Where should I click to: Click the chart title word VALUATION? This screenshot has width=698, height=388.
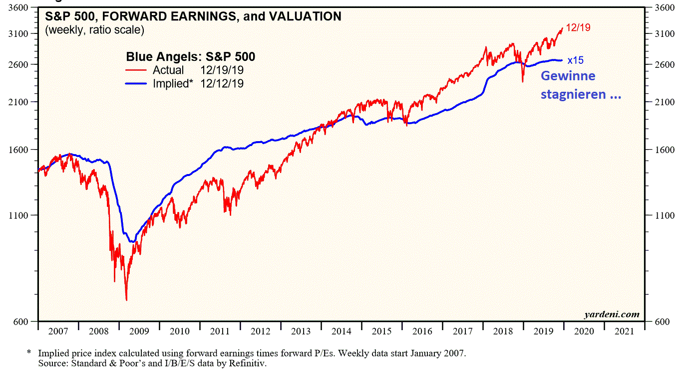coord(305,16)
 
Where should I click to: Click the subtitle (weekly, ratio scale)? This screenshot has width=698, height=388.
coord(94,30)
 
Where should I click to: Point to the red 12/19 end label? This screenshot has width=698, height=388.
coord(578,28)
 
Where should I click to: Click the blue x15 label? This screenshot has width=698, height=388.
coord(575,60)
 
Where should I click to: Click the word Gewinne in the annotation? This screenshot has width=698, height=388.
coord(568,76)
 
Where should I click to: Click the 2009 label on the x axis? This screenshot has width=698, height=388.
coord(139,331)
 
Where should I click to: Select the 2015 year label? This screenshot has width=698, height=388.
coord(382,331)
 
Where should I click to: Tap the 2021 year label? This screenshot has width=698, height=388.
coord(625,331)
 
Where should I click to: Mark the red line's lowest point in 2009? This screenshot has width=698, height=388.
coord(126,300)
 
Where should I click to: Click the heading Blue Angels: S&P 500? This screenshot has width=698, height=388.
coord(191,57)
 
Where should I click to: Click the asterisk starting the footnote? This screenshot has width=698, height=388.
coord(29,353)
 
